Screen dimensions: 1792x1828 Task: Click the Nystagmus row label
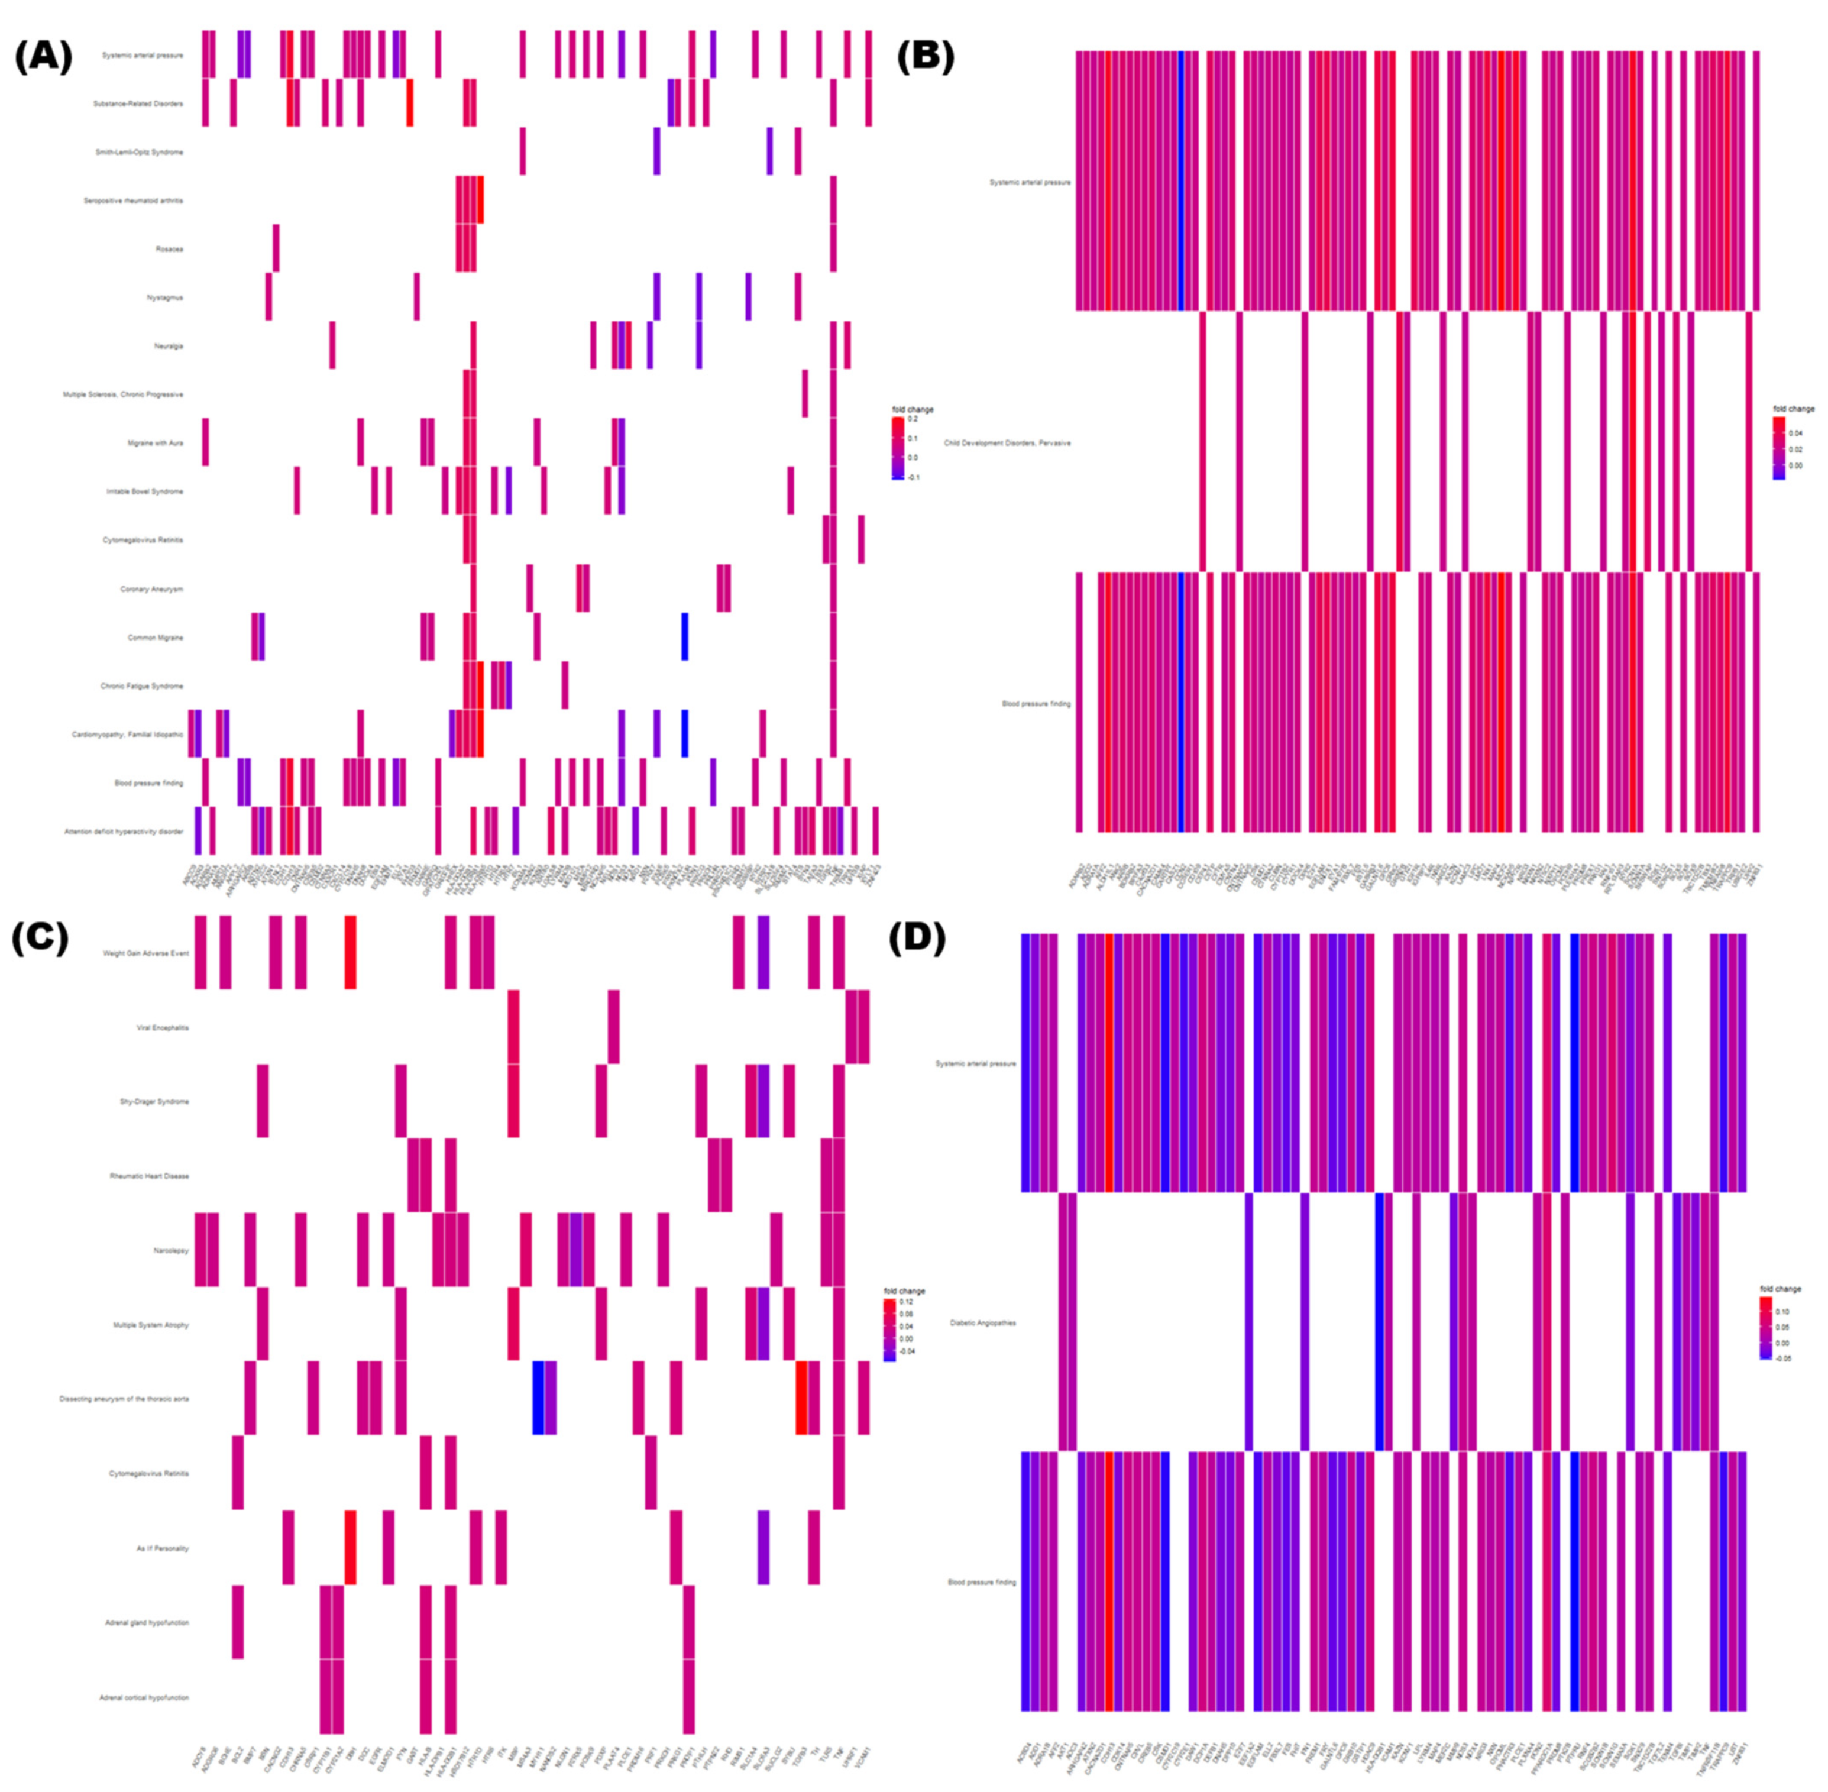click(x=166, y=297)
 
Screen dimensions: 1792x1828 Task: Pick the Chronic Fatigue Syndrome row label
click(x=142, y=686)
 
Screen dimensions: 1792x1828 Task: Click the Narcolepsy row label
click(x=172, y=1251)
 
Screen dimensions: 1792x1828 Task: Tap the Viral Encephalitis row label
click(x=163, y=1028)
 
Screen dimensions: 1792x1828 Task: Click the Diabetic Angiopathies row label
click(x=983, y=1322)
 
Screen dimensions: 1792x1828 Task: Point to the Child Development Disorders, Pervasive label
click(x=1007, y=442)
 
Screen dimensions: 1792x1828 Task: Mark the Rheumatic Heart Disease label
click(x=150, y=1176)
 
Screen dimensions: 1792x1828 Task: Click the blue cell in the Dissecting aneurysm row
click(x=538, y=1399)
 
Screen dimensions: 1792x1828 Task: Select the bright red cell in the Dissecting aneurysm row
click(x=801, y=1399)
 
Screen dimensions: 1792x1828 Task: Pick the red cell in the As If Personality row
click(x=350, y=1548)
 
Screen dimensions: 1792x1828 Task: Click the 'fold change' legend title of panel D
click(x=1780, y=1289)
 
